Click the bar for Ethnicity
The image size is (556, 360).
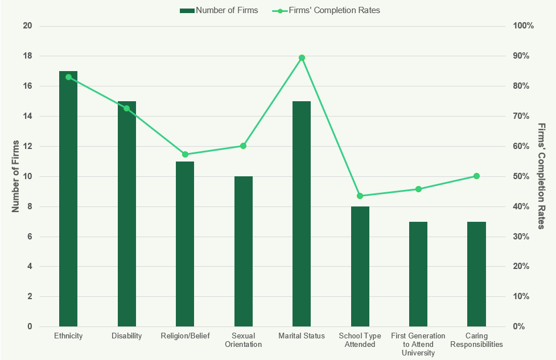(68, 199)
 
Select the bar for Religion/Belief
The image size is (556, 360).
(185, 245)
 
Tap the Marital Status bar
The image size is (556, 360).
(302, 214)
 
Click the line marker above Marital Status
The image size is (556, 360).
(302, 57)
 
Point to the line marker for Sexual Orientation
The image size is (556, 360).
(243, 146)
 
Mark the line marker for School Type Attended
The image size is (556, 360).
(360, 196)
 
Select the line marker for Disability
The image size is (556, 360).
(126, 108)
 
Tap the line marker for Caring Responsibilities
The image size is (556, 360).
(476, 176)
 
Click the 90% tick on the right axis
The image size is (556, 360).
(522, 56)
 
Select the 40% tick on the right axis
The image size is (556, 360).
(522, 206)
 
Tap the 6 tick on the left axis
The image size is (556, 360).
(30, 237)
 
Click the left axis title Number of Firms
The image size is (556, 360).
(16, 176)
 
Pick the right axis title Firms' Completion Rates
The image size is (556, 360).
(541, 176)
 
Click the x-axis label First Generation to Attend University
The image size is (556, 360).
(418, 344)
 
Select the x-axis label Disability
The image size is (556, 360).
(126, 336)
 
